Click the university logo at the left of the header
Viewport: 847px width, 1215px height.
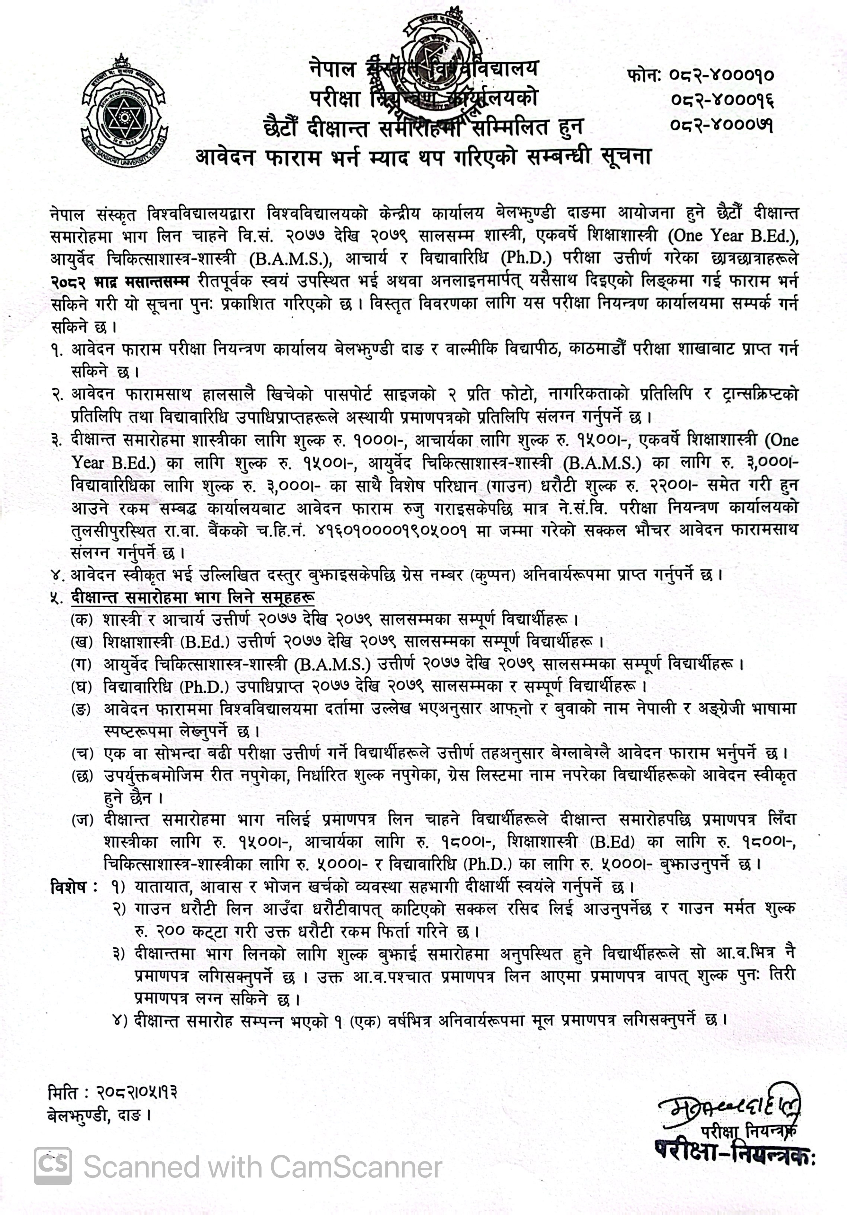[125, 109]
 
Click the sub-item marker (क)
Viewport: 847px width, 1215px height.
[81, 620]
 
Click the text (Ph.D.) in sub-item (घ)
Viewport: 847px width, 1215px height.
[204, 687]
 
